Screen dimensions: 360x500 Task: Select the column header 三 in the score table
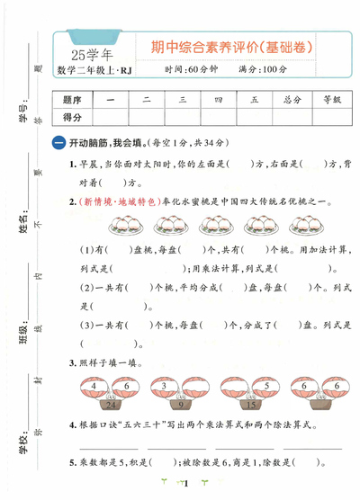182,100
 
